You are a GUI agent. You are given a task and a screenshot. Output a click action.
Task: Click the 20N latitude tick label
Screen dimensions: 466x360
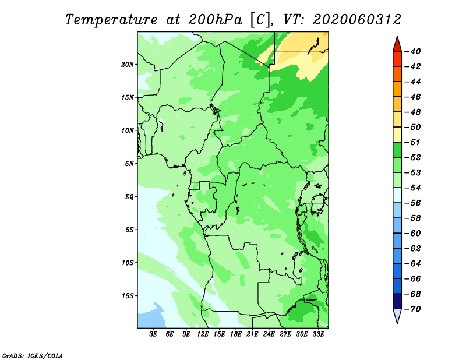tap(128, 64)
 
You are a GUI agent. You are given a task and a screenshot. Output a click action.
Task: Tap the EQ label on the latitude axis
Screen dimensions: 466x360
tap(129, 196)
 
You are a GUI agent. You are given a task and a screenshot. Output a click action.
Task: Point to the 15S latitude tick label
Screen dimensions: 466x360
tap(128, 295)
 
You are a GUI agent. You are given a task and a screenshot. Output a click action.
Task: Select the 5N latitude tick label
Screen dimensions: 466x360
tap(129, 163)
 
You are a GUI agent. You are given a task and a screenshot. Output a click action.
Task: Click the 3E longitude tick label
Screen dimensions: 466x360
tap(153, 334)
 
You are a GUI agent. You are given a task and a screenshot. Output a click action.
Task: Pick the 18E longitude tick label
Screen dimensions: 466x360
tap(236, 334)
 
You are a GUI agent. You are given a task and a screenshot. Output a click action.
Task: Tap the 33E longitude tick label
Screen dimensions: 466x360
tap(318, 334)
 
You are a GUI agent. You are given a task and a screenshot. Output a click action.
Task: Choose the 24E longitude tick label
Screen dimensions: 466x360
tap(269, 334)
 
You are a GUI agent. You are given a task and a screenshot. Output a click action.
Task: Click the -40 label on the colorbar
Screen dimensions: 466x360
tap(413, 51)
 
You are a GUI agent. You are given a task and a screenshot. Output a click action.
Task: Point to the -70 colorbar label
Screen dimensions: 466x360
tap(413, 309)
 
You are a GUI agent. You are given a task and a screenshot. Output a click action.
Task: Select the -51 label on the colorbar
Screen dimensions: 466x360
tap(413, 142)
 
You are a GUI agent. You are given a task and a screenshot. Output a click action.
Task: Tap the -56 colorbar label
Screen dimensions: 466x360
tap(413, 203)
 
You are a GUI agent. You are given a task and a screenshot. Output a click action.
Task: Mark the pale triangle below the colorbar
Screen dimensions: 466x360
tap(397, 315)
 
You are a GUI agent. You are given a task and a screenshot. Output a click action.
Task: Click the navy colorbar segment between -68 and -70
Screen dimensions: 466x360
tap(397, 301)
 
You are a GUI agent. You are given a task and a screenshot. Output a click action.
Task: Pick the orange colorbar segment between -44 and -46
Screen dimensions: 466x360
tap(397, 89)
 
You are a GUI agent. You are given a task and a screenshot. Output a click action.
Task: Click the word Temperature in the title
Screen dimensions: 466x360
tap(111, 20)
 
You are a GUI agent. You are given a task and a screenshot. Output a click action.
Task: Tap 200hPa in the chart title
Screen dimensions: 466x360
tap(215, 20)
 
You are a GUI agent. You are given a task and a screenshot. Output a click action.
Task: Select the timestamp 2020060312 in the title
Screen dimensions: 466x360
tap(357, 20)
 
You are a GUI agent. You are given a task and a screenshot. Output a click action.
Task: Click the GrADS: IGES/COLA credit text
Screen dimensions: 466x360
tap(33, 355)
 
